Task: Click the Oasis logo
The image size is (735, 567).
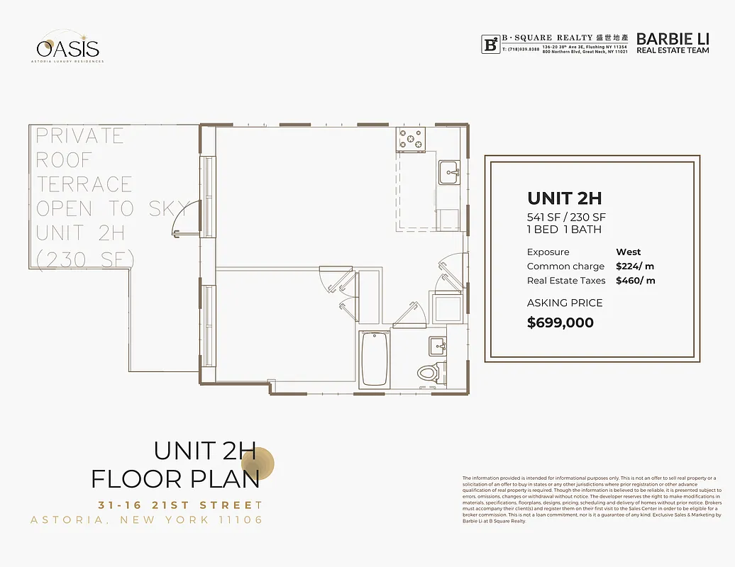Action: click(69, 47)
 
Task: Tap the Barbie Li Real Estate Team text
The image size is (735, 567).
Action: click(672, 43)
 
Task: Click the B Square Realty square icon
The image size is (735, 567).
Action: click(490, 44)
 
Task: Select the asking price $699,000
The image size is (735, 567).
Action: click(560, 322)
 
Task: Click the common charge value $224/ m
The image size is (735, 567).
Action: click(635, 266)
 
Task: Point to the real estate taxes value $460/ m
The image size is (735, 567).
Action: click(635, 281)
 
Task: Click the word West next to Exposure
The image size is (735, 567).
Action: click(628, 252)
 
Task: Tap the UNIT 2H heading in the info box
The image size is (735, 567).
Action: click(564, 198)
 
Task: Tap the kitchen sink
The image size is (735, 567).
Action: click(448, 171)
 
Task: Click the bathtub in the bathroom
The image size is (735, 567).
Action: click(374, 359)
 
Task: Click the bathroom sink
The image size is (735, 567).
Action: click(437, 347)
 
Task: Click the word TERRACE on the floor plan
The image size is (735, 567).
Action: click(84, 184)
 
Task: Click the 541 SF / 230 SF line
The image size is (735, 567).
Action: click(566, 217)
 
